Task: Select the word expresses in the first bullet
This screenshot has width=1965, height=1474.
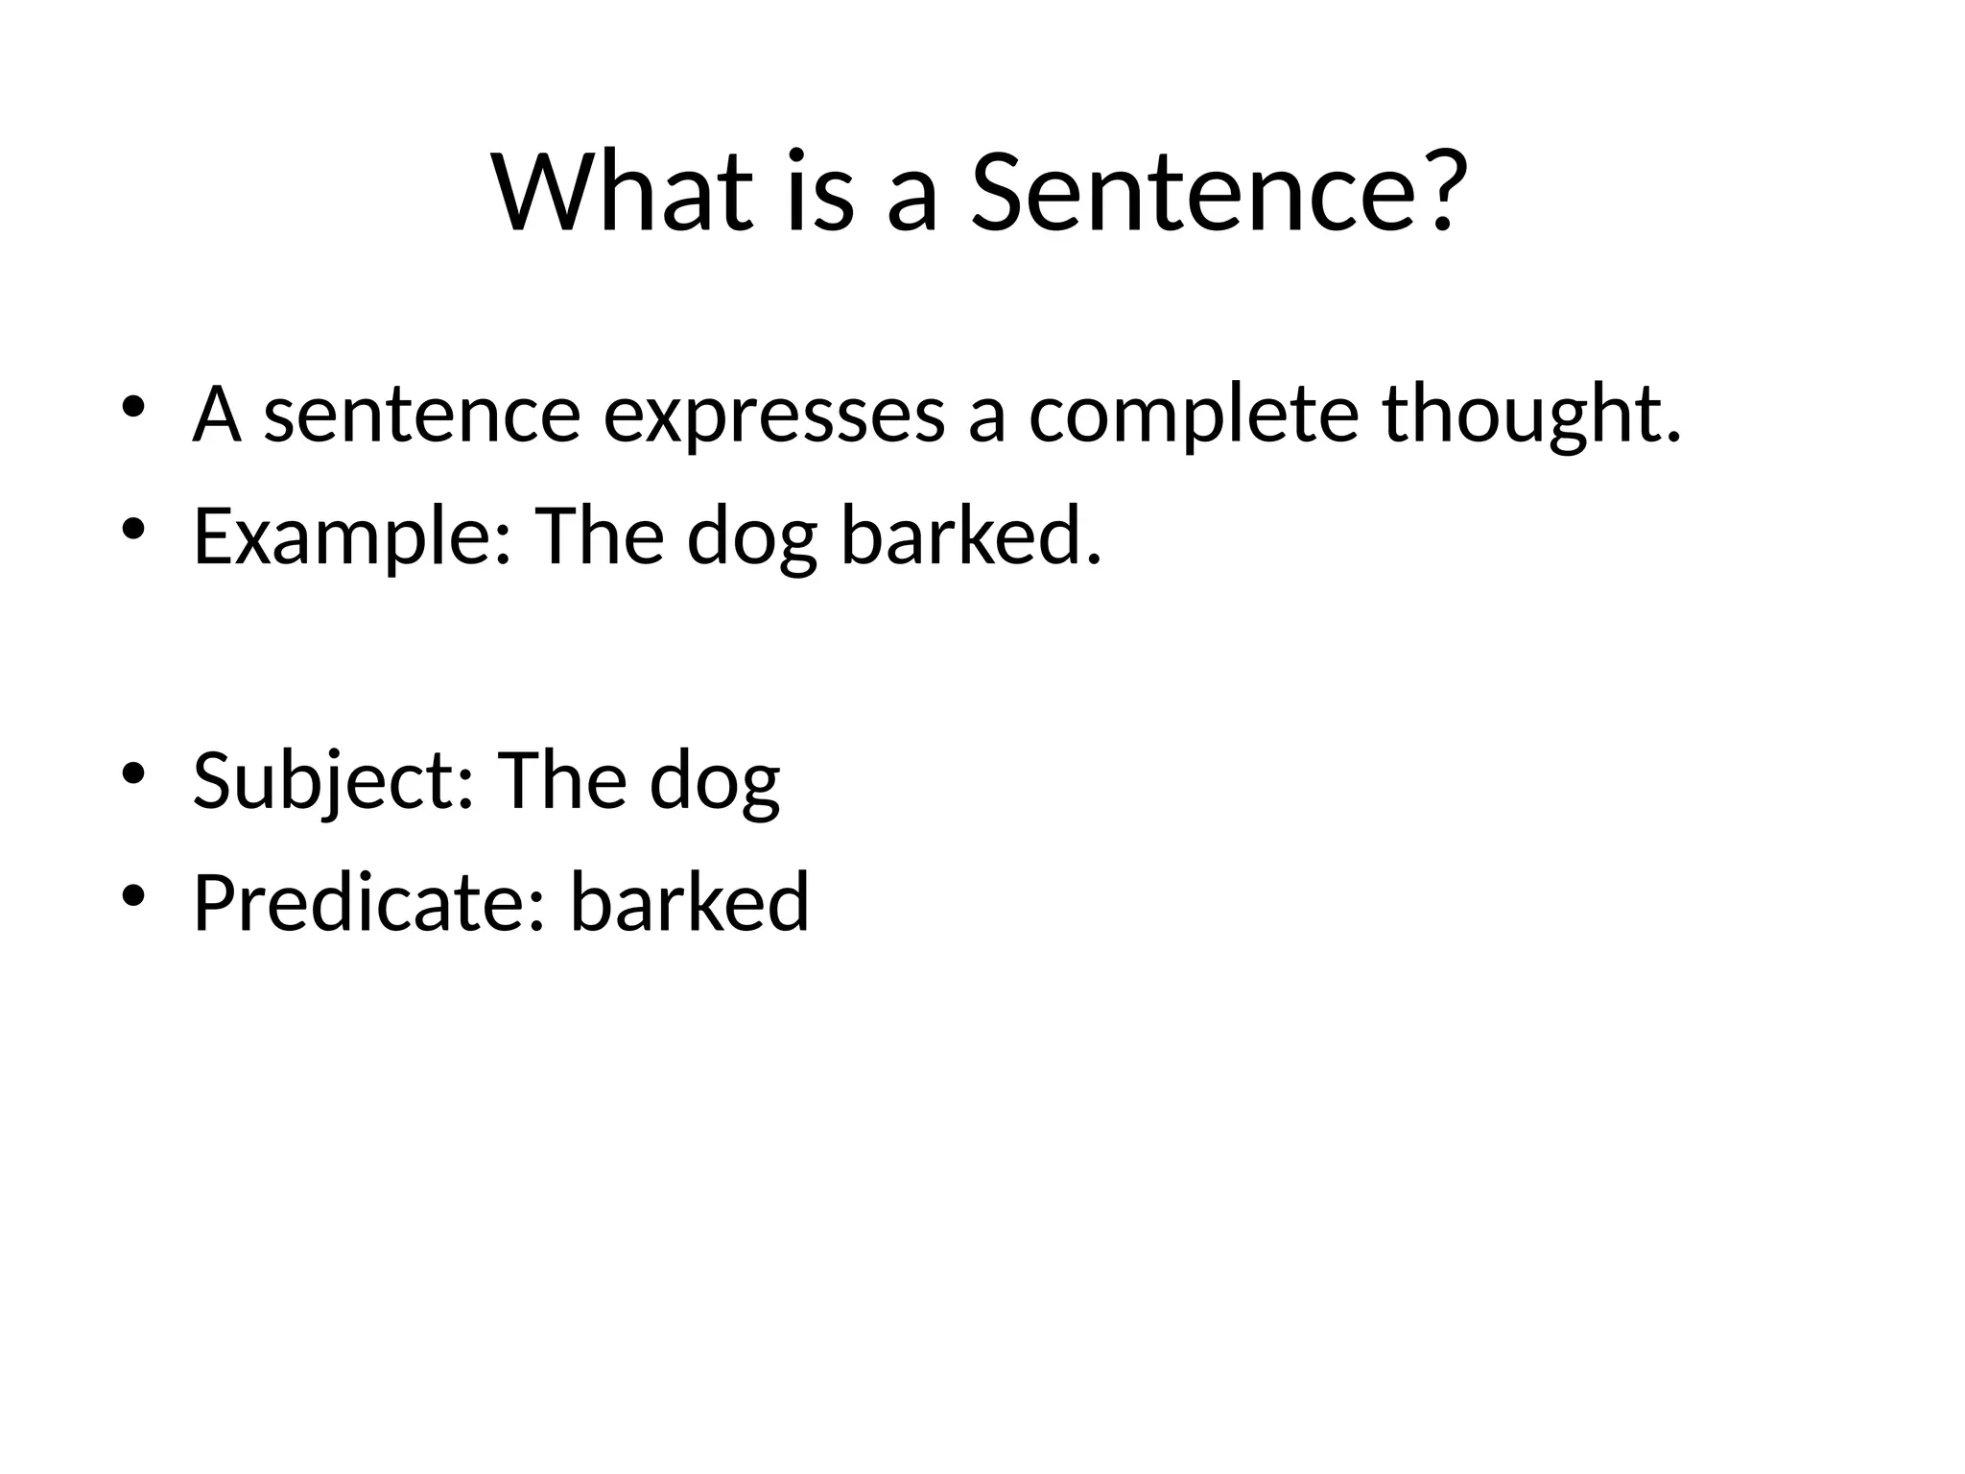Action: (773, 416)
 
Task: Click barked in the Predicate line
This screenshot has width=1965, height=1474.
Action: (690, 903)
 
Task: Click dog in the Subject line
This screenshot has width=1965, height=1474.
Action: (715, 782)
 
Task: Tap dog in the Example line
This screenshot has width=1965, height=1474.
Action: (752, 537)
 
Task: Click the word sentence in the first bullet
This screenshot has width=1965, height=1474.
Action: (422, 416)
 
